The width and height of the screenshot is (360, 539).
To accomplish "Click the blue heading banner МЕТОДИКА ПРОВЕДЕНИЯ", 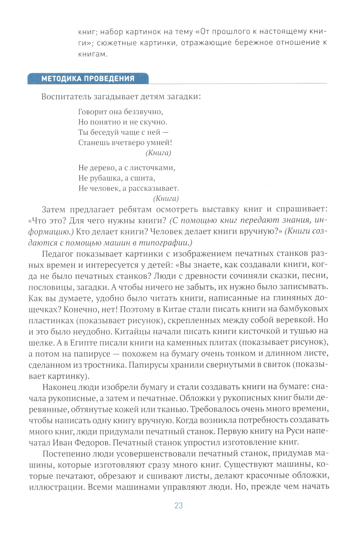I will tap(88, 78).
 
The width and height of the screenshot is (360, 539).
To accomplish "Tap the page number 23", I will tap(179, 506).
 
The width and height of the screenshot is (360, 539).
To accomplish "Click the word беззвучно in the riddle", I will tap(144, 112).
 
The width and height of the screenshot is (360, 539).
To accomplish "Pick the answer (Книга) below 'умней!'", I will tap(158, 153).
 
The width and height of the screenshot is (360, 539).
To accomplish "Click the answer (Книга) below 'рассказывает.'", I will tap(166, 199).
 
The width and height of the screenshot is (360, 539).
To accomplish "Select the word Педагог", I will tap(58, 254).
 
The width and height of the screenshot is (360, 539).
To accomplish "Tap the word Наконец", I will tap(58, 387).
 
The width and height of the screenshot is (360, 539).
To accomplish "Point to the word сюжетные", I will tap(112, 43).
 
